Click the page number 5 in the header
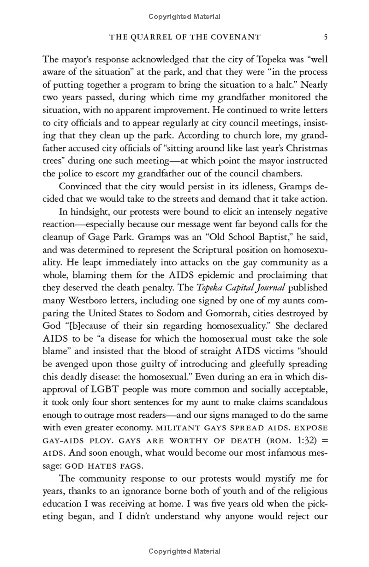tap(326, 37)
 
